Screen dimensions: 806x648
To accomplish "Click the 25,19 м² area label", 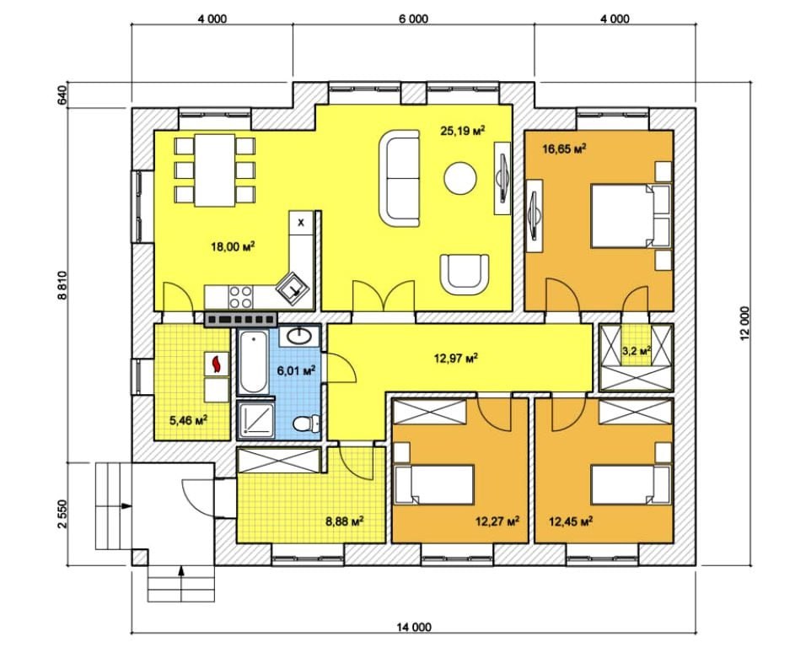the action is (463, 131).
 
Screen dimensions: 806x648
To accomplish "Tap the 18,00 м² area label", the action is (233, 246).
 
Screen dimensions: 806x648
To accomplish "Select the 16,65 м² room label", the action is (565, 149).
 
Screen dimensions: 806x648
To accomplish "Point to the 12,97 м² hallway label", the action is (456, 358).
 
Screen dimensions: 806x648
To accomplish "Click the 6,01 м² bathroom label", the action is (296, 370).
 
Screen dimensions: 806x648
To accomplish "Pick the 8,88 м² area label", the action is (345, 521).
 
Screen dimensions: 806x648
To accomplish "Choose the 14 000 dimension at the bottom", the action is (414, 627).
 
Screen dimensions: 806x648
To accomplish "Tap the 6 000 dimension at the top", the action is (413, 19).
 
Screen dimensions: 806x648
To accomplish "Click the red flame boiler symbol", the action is (217, 363).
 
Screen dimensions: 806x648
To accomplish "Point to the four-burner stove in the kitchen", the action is (240, 297).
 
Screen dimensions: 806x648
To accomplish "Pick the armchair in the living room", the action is (465, 273).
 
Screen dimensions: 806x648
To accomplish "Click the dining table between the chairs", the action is (215, 170).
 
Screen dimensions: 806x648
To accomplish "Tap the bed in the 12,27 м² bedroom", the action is (434, 484).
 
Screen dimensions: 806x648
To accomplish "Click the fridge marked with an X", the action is (301, 223).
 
